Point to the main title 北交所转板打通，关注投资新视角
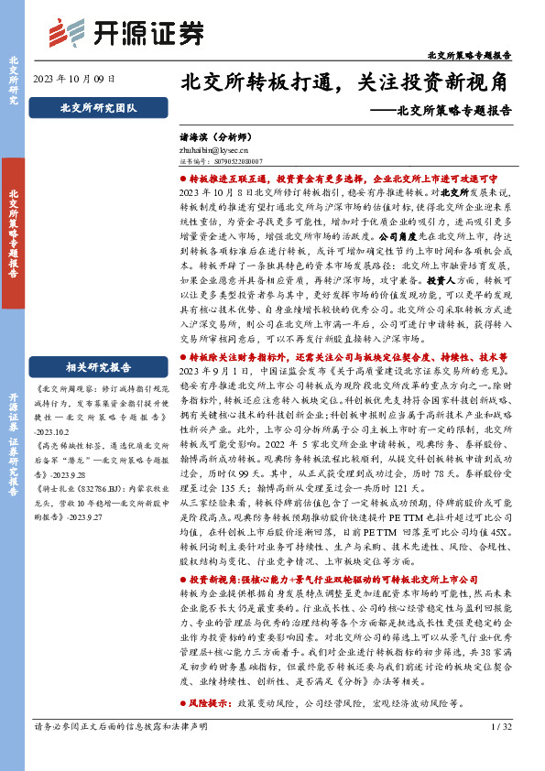click(345, 82)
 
